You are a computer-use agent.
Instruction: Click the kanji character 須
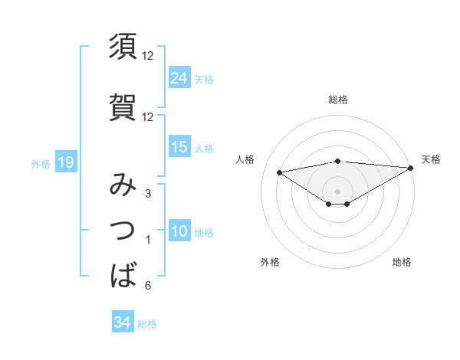point(123,47)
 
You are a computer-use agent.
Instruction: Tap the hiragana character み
point(123,185)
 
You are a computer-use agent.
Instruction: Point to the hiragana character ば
point(123,274)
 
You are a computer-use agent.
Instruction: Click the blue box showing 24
point(179,77)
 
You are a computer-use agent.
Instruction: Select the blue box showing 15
point(179,147)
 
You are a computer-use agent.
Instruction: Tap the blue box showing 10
point(179,232)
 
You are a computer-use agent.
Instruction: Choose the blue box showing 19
point(65,162)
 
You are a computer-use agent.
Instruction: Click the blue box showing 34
point(122,322)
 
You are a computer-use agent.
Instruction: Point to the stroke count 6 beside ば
point(147,286)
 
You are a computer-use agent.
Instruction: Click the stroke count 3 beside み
point(147,194)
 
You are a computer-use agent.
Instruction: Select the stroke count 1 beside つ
point(147,241)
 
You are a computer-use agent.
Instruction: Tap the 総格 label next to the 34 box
point(147,324)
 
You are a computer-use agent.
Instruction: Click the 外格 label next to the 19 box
point(40,163)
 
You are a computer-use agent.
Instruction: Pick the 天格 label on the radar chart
point(431,159)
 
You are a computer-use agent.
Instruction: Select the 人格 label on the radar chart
point(245,159)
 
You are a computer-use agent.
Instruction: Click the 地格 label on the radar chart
point(402,262)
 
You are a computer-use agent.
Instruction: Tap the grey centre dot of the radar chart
point(337,190)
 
